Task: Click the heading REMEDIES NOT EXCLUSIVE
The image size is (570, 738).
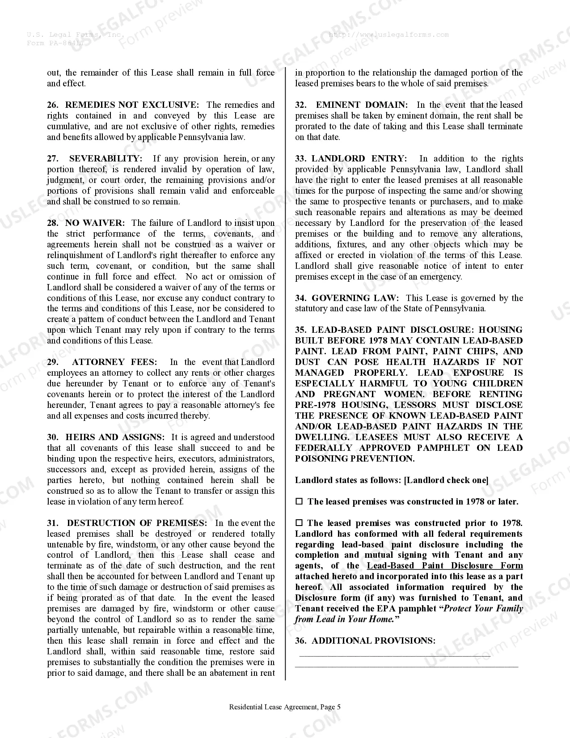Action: (132, 105)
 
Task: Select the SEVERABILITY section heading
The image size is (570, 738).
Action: (106, 159)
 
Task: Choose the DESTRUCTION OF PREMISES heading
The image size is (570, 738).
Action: (137, 523)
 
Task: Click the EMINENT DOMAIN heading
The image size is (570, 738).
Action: (362, 105)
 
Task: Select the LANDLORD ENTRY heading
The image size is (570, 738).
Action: (359, 159)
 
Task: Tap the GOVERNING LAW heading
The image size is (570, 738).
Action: (355, 298)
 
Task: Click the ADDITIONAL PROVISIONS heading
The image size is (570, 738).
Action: (373, 641)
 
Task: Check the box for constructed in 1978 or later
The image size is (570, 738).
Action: (299, 502)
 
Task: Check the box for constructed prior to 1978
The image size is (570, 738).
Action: (299, 523)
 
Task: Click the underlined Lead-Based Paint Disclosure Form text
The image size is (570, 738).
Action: (445, 566)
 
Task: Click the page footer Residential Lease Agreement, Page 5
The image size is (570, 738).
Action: (285, 707)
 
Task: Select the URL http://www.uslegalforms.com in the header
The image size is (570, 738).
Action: (388, 34)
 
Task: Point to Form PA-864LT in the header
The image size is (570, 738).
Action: (55, 43)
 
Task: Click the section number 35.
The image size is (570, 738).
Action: (300, 330)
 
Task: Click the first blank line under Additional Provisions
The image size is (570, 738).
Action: (395, 655)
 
